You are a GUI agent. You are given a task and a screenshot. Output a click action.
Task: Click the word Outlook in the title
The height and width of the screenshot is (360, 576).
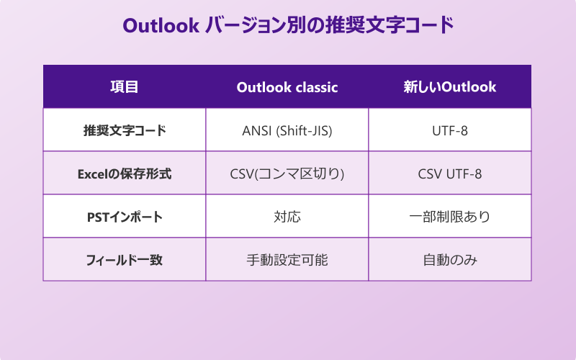(161, 25)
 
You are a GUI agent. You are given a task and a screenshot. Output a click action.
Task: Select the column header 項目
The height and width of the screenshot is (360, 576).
(124, 87)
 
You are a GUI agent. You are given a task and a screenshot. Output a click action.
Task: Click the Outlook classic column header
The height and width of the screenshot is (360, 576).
(287, 87)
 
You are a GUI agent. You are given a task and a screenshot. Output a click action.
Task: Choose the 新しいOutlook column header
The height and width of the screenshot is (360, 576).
(450, 87)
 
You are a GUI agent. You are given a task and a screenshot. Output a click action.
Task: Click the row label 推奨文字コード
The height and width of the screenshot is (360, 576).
(124, 130)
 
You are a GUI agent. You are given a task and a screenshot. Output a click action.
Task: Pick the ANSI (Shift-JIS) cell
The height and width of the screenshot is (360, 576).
(287, 130)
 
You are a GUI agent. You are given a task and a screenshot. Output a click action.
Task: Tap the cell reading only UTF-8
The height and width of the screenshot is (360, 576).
(450, 130)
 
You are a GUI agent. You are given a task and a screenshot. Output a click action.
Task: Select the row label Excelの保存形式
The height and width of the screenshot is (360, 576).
(124, 174)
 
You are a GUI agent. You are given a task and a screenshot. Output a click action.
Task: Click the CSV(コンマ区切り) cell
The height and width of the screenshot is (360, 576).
(287, 174)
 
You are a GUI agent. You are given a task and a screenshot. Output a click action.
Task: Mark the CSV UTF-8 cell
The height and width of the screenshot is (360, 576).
(450, 174)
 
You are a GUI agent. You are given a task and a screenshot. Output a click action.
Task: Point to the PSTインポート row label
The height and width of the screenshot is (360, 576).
(124, 217)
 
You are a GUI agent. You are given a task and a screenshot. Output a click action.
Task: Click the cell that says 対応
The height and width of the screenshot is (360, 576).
(287, 217)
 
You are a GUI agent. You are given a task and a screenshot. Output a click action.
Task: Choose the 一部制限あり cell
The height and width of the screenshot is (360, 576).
(450, 217)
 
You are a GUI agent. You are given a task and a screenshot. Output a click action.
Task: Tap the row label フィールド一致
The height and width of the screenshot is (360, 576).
(124, 260)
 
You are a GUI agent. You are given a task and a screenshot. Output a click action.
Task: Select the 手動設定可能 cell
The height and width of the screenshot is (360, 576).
(287, 260)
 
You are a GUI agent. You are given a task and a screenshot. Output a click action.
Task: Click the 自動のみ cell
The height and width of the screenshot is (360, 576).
(450, 260)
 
